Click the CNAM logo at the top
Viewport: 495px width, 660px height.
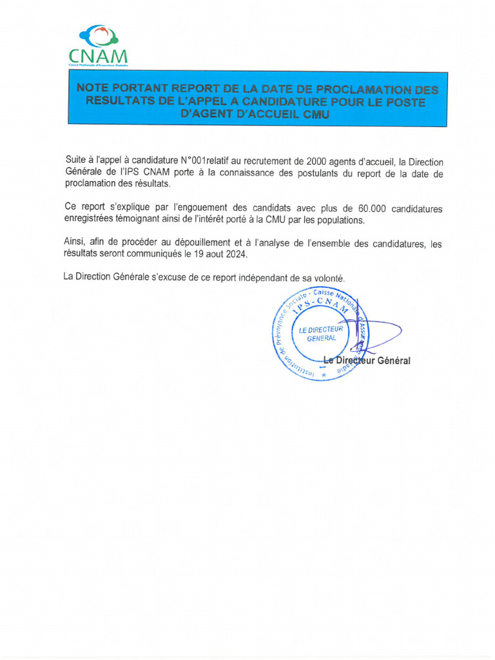(x=98, y=46)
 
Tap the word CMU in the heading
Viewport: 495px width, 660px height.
(x=315, y=115)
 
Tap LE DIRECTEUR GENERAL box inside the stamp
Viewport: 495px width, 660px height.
(x=320, y=334)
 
